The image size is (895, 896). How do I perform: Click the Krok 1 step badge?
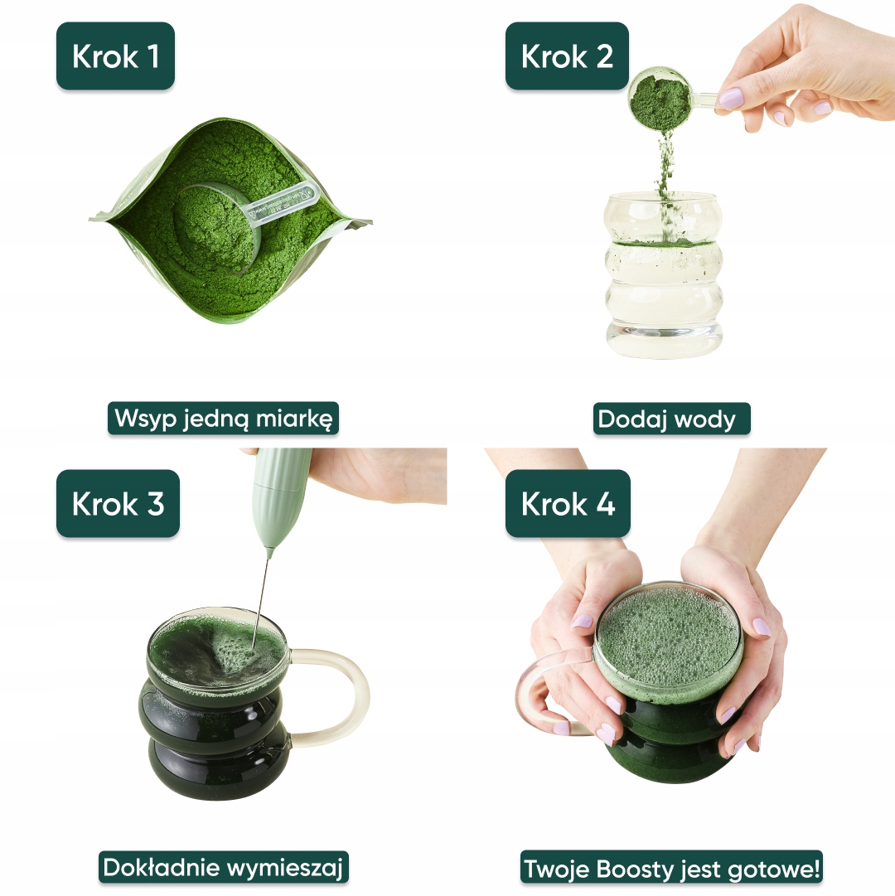[115, 56]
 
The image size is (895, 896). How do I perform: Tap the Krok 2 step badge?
[567, 56]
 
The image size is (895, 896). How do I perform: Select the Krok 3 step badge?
[119, 503]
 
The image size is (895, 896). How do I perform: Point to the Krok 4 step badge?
[568, 503]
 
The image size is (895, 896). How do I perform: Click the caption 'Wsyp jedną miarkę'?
[223, 419]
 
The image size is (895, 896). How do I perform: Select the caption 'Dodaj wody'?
[672, 419]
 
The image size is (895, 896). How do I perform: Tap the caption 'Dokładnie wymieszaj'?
[223, 868]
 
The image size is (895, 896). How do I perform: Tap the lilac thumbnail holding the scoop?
[729, 98]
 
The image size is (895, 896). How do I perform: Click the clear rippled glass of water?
[663, 275]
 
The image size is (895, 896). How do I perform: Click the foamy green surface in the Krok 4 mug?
[668, 636]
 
